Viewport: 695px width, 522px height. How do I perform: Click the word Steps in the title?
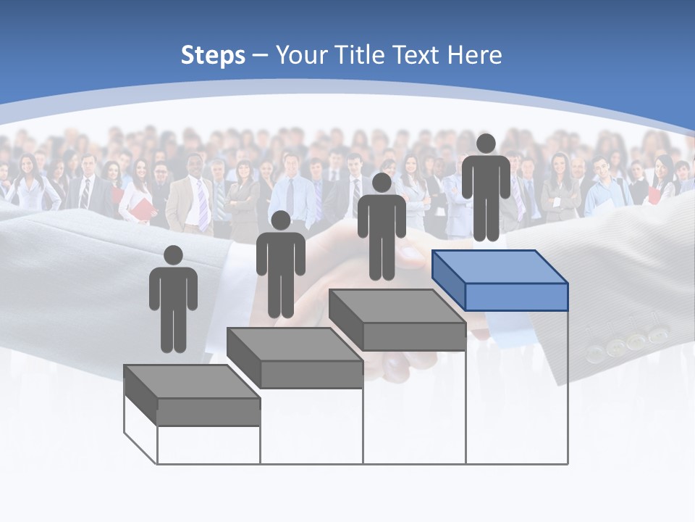point(213,55)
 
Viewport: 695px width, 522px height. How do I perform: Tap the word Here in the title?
point(474,55)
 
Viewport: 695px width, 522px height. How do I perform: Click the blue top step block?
point(500,280)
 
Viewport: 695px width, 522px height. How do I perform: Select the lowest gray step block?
point(192,395)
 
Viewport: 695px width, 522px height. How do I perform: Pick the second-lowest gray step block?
point(295,357)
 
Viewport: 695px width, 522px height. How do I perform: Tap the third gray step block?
point(397,320)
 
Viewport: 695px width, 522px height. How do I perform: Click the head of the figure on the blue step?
point(486,144)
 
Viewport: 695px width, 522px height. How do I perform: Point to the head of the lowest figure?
point(173,255)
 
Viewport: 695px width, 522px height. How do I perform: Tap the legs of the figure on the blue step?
point(486,217)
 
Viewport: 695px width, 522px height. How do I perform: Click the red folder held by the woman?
point(143,209)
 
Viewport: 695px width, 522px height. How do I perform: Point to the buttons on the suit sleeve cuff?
point(627,344)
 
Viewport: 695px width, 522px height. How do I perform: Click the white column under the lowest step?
point(208,444)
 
